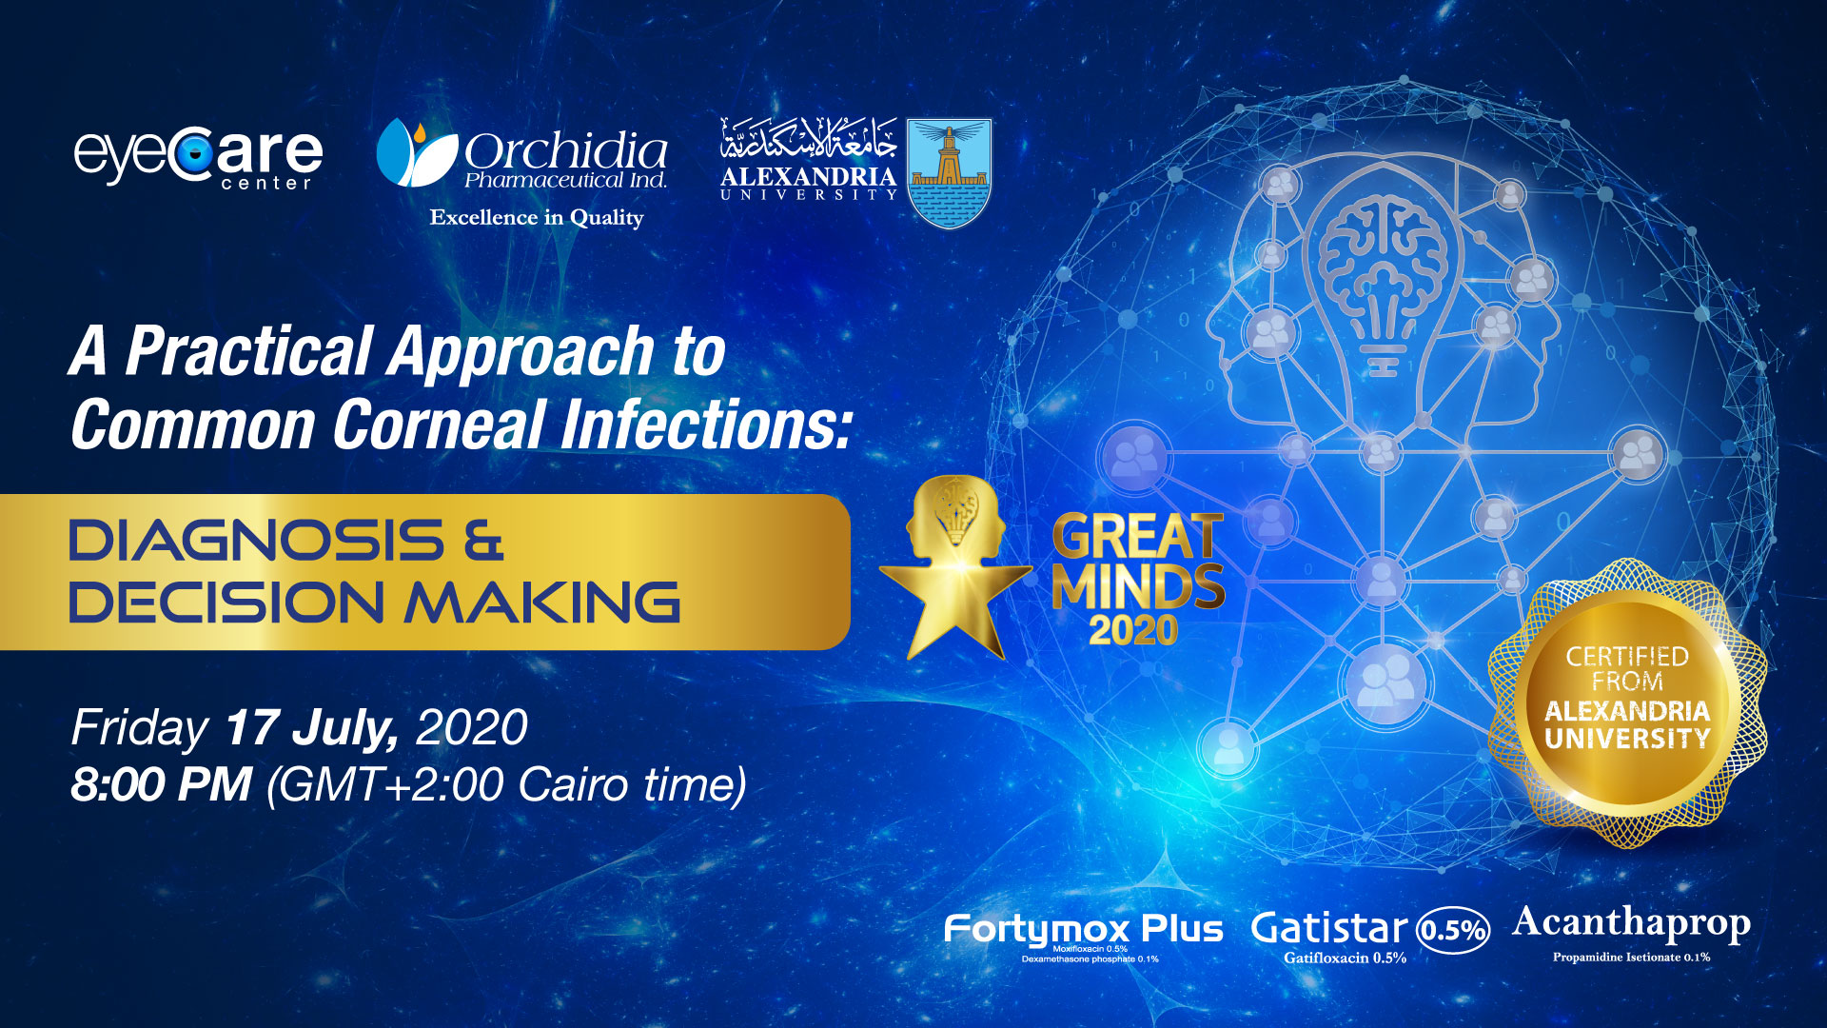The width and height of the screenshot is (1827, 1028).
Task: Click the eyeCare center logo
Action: pyautogui.click(x=198, y=157)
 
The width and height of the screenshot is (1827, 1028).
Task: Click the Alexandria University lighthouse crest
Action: pyautogui.click(x=949, y=172)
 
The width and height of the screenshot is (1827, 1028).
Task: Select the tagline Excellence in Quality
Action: pyautogui.click(x=537, y=218)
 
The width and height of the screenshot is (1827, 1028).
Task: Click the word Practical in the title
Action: pyautogui.click(x=249, y=351)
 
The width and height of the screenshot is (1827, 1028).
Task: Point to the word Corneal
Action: pyautogui.click(x=439, y=425)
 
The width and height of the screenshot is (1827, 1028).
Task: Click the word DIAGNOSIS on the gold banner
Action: pyautogui.click(x=256, y=541)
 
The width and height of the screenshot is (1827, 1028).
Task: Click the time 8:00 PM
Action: pyautogui.click(x=161, y=785)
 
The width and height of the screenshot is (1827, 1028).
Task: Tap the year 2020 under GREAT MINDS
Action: pyautogui.click(x=1133, y=630)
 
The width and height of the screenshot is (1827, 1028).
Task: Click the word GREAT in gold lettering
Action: pyautogui.click(x=1138, y=537)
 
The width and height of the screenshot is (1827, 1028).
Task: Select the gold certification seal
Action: pyautogui.click(x=1627, y=703)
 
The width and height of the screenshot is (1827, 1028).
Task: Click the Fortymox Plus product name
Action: pyautogui.click(x=1083, y=929)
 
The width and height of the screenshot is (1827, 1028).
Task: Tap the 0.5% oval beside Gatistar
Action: pyautogui.click(x=1453, y=929)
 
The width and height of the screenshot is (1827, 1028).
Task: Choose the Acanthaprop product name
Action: pyautogui.click(x=1631, y=924)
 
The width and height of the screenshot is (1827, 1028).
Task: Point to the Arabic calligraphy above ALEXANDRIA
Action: pyautogui.click(x=808, y=139)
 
